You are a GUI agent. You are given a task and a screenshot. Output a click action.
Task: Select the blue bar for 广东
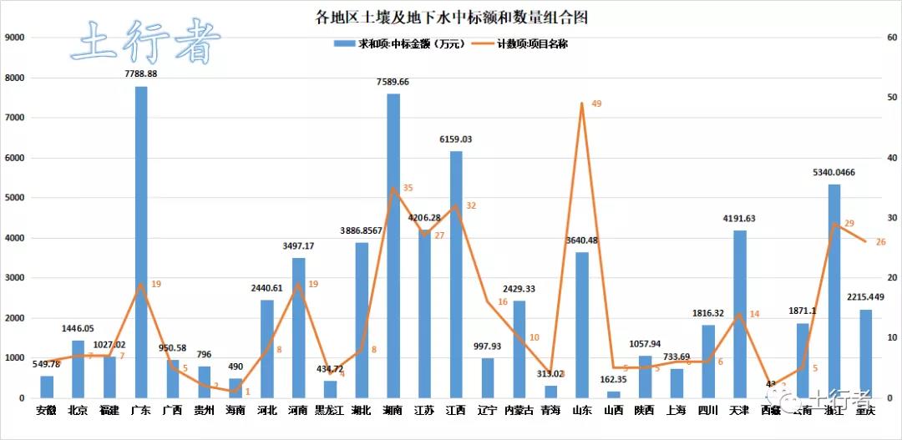pyautogui.click(x=141, y=242)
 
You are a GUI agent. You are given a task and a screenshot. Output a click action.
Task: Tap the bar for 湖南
pyautogui.click(x=393, y=246)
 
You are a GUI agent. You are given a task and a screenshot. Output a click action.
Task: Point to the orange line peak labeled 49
pyautogui.click(x=581, y=104)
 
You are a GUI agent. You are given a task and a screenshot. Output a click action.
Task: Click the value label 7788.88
pyautogui.click(x=141, y=74)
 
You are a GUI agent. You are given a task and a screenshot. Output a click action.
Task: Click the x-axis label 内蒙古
pyautogui.click(x=519, y=411)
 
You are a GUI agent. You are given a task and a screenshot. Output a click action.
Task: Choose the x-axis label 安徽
pyautogui.click(x=47, y=411)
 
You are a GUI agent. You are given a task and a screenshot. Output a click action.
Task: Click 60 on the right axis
pyautogui.click(x=891, y=38)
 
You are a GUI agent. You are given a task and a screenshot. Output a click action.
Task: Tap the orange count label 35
pyautogui.click(x=408, y=188)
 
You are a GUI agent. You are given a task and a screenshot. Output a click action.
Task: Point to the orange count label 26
pyautogui.click(x=880, y=242)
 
